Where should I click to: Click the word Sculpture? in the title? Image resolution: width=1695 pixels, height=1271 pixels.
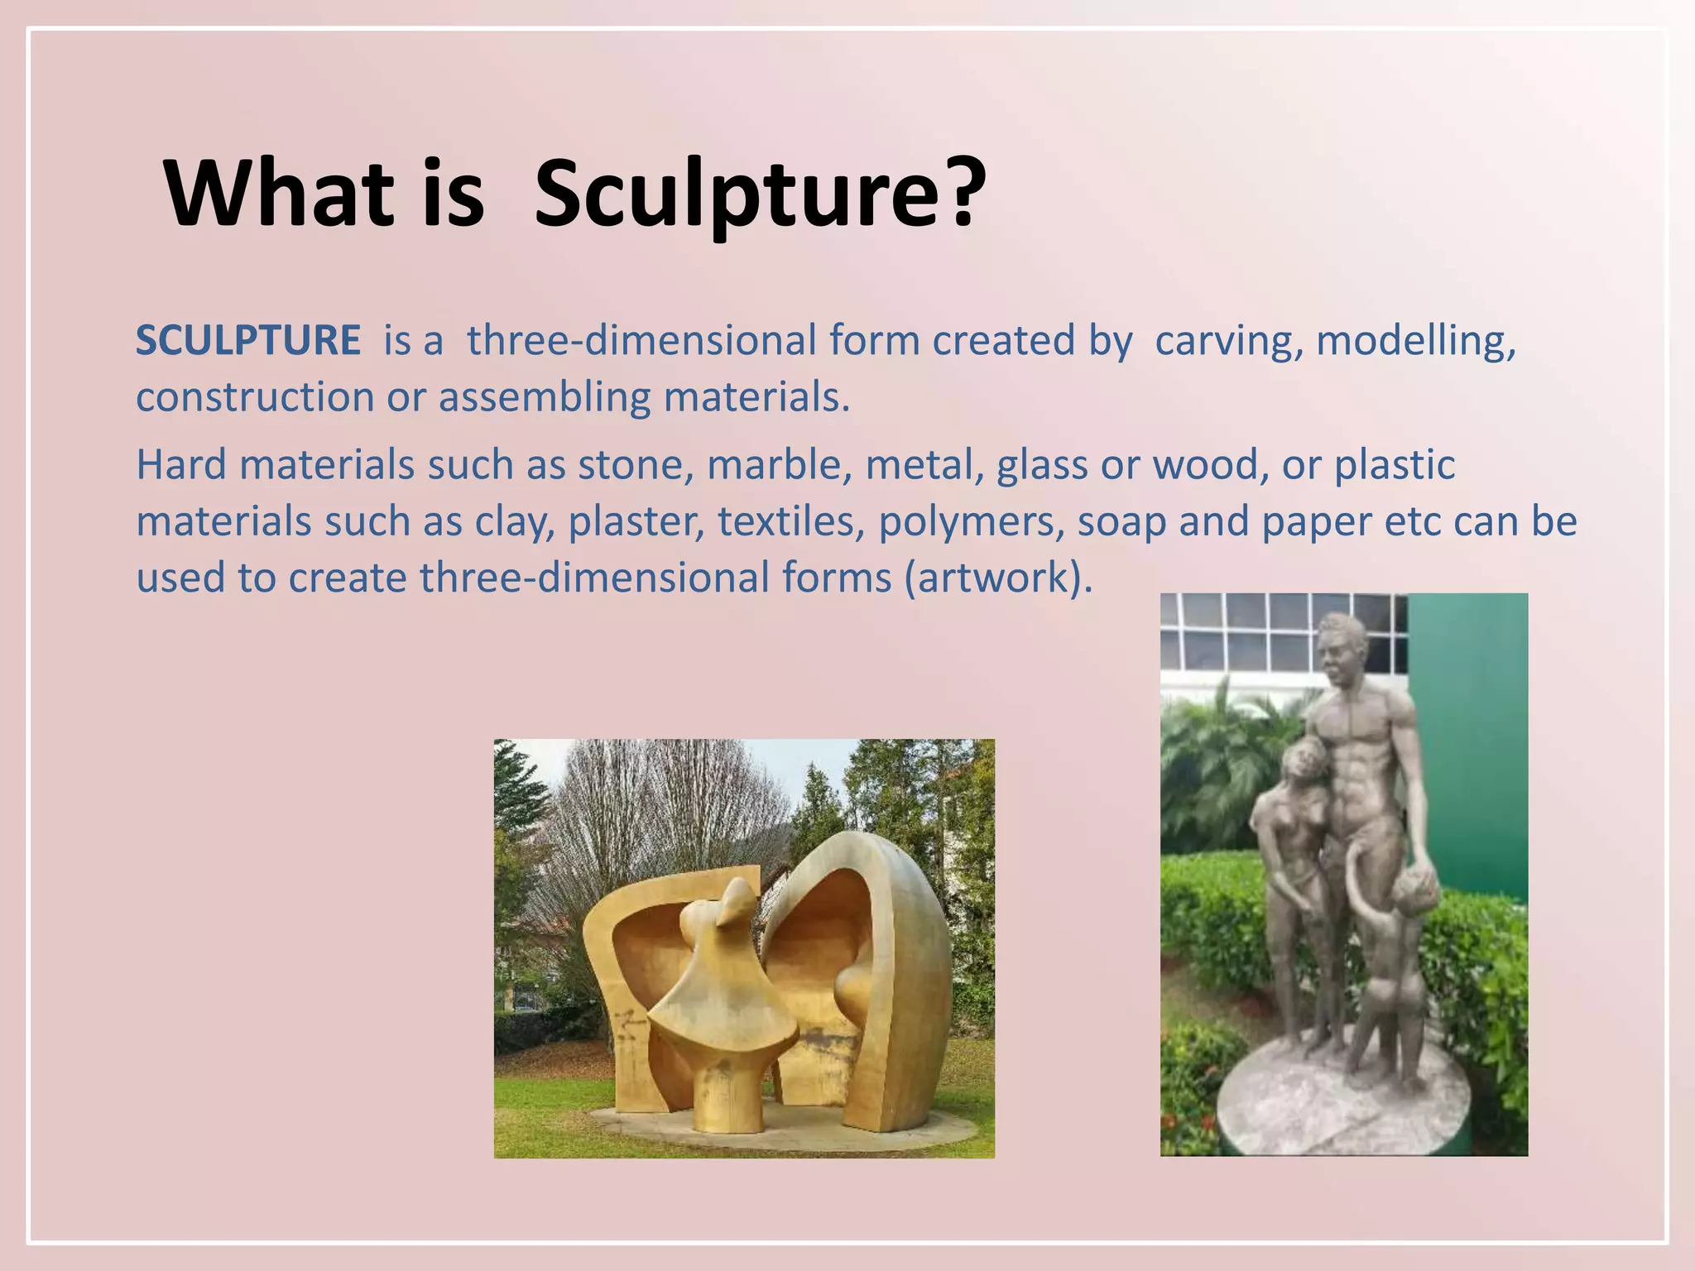760,195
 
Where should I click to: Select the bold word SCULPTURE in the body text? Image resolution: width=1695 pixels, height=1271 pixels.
247,341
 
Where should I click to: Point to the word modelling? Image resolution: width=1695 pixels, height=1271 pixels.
1415,341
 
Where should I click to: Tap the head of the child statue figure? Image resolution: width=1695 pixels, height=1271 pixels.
1413,894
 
